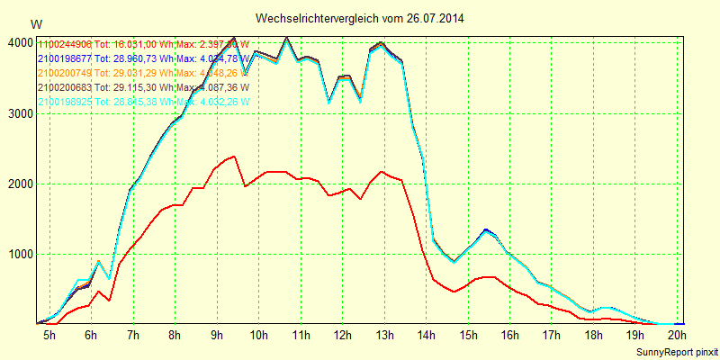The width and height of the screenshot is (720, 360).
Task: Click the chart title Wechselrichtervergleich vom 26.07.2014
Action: point(360,18)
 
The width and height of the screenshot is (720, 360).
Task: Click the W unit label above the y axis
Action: point(35,23)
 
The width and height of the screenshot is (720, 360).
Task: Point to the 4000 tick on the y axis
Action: point(18,42)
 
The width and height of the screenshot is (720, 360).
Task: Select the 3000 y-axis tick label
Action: point(18,113)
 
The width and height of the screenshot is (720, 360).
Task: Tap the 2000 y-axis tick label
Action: point(18,184)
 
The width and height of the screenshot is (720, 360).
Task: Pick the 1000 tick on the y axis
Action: point(18,254)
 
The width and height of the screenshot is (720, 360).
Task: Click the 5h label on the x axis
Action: point(49,336)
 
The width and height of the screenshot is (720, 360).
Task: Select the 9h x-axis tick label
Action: point(217,336)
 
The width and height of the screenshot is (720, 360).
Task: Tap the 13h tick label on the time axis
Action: point(384,336)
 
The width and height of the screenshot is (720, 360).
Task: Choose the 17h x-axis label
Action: point(551,336)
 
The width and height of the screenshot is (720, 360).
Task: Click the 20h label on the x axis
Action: point(677,336)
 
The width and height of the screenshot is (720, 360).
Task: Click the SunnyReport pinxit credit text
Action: point(675,351)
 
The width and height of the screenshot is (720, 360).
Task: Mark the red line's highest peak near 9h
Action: point(234,157)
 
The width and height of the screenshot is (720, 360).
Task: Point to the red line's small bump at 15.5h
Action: point(487,277)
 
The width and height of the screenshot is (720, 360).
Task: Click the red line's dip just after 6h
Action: point(109,300)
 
